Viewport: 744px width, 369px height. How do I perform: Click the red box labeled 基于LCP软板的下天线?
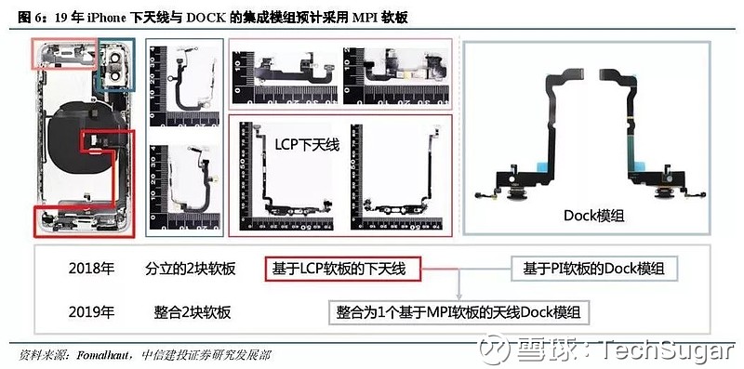click(341, 269)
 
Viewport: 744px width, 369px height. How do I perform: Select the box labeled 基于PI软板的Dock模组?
click(593, 269)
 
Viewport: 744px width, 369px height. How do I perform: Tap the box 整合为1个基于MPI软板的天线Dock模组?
click(464, 311)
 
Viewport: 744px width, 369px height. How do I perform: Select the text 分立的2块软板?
click(191, 269)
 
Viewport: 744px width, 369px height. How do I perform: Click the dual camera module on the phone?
click(119, 66)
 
